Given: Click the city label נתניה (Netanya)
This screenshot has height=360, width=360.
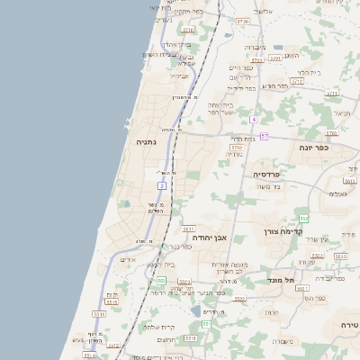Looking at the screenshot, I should point(146,142).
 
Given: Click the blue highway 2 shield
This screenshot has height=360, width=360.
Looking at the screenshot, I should point(162,185).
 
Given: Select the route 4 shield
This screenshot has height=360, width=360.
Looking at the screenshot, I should point(255,119).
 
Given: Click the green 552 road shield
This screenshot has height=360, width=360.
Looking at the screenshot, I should point(304,219).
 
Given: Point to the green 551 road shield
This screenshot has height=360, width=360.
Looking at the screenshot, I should point(205,324).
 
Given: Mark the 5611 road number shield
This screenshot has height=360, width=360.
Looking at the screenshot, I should point(188,229).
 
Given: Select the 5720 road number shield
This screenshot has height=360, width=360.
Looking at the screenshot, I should point(242,20).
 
